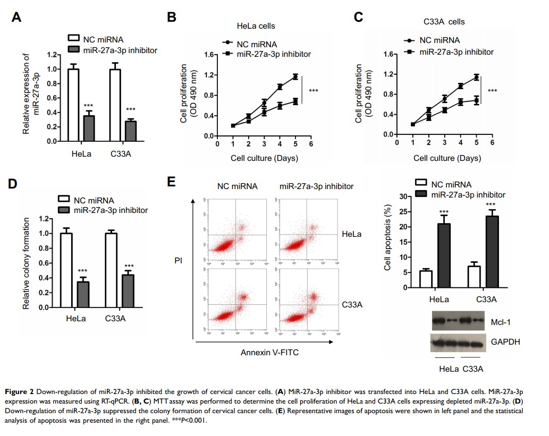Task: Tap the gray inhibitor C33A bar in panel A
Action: coord(130,131)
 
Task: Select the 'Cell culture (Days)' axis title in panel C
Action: coord(447,158)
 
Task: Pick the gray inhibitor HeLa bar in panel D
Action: coord(83,294)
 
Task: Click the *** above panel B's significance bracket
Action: coord(314,91)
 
